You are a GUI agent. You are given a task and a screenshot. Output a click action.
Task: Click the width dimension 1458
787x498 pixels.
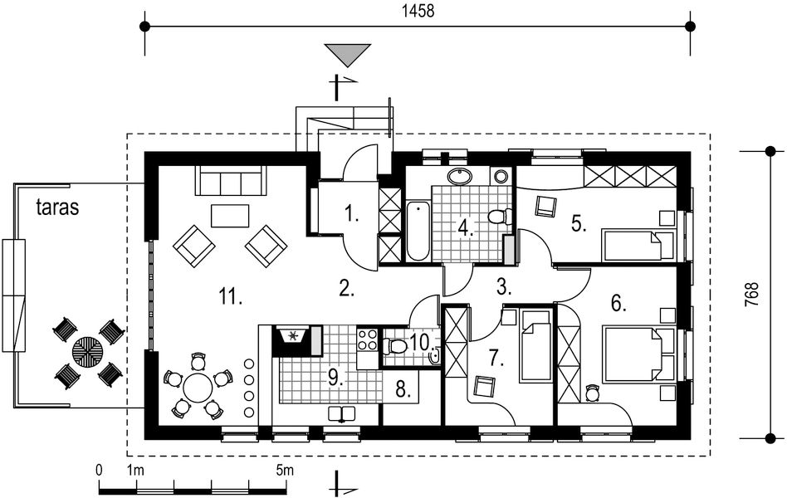click(x=418, y=11)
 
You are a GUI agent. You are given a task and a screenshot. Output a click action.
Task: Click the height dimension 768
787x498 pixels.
click(x=752, y=295)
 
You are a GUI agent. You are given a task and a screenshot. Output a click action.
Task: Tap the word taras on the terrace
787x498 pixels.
click(x=58, y=207)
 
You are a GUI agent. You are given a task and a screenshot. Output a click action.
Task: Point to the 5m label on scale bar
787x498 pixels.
click(x=285, y=471)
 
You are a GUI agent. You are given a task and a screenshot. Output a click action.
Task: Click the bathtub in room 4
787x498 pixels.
click(x=418, y=231)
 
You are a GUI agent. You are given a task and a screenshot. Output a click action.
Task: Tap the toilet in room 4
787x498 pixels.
click(x=500, y=217)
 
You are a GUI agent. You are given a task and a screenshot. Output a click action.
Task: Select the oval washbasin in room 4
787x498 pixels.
click(x=459, y=177)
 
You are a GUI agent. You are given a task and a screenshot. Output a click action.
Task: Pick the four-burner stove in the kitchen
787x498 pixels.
click(x=367, y=339)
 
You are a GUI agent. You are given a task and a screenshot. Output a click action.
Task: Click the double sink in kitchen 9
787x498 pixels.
click(x=342, y=413)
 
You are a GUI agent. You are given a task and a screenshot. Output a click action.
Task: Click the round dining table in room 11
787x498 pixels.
click(x=198, y=387)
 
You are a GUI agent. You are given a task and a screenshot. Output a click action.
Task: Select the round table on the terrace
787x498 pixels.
click(x=88, y=351)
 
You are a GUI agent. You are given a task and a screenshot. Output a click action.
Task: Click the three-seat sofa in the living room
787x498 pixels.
click(x=231, y=181)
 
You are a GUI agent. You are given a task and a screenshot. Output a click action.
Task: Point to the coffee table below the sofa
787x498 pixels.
click(x=231, y=216)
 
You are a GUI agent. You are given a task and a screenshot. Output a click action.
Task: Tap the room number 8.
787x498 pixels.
click(x=403, y=389)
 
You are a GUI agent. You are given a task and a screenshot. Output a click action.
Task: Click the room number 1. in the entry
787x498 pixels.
click(x=352, y=215)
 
